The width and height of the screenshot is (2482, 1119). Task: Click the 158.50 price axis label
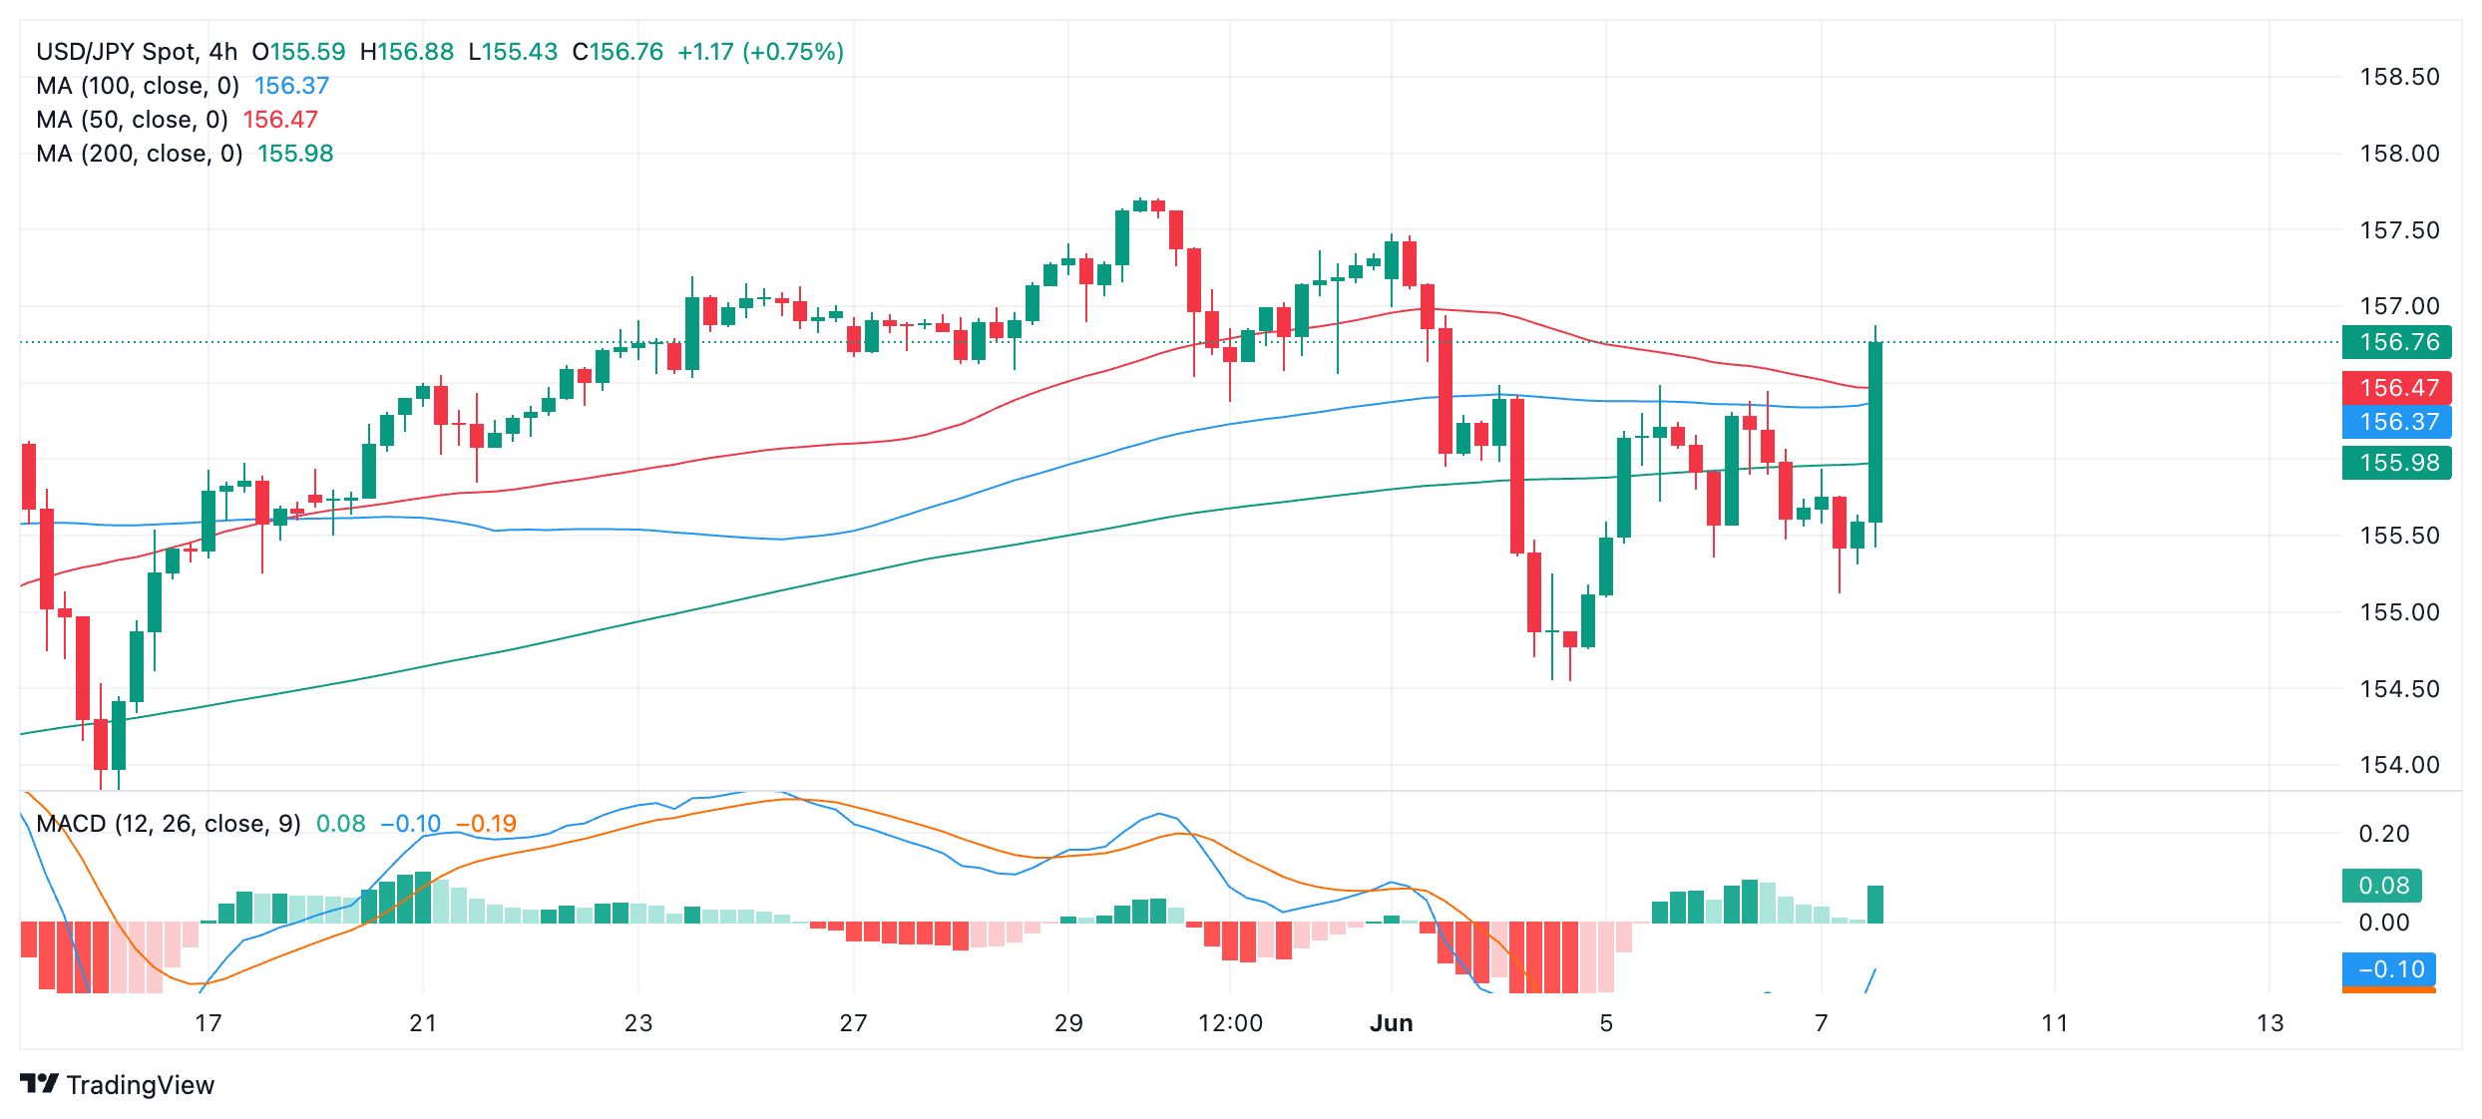coord(2399,77)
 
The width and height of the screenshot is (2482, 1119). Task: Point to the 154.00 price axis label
coord(2399,765)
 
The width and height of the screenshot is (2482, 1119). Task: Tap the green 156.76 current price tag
coord(2397,342)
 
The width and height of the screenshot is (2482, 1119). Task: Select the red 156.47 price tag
coord(2397,388)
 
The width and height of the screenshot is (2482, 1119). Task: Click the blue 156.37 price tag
coord(2397,422)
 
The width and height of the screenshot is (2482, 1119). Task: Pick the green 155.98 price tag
coord(2397,463)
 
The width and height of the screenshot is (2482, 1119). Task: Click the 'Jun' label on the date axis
coord(1391,1023)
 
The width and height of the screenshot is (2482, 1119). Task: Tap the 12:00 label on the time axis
coord(1230,1023)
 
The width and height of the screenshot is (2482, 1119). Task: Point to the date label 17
coord(207,1023)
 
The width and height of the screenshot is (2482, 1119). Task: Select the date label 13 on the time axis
coord(2270,1023)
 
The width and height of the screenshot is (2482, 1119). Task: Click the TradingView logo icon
coord(40,1084)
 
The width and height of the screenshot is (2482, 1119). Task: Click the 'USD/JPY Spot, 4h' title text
coord(137,52)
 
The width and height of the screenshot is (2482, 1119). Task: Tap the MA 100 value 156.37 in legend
coord(291,86)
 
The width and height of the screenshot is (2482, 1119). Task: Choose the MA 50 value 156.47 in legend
coord(280,120)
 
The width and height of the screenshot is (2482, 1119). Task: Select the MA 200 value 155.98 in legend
coord(295,154)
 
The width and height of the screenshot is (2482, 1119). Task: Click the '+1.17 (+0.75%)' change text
coord(760,52)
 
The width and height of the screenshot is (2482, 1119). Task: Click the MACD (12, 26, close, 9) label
coord(169,824)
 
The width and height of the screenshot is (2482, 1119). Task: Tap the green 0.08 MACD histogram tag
coord(2382,886)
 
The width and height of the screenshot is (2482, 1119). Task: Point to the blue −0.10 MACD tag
coord(2389,969)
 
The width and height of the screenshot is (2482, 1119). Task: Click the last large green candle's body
coord(1875,431)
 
